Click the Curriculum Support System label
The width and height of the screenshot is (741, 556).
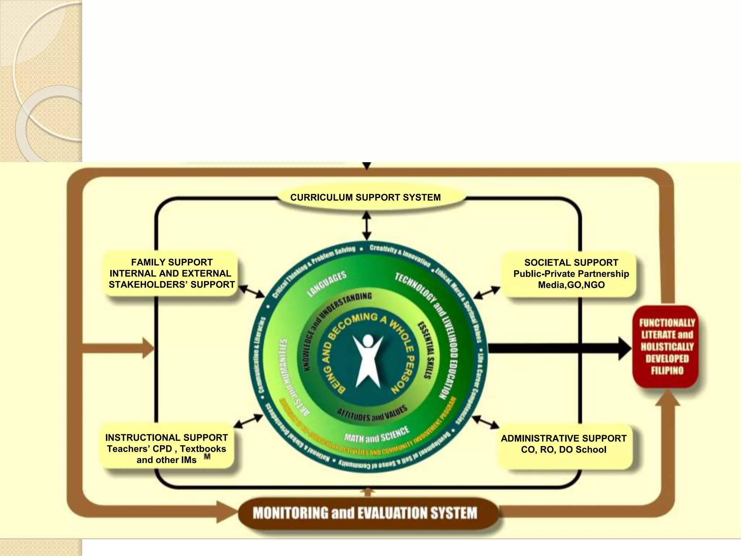(365, 198)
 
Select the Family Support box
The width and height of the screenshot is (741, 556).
(172, 274)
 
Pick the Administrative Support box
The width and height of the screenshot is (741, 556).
(563, 444)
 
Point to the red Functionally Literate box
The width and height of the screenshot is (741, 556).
(667, 346)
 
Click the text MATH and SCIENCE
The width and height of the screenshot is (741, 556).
(376, 435)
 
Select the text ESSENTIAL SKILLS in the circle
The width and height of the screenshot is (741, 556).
(425, 350)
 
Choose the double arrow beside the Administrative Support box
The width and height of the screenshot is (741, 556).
(486, 422)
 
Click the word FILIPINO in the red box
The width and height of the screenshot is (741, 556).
(667, 371)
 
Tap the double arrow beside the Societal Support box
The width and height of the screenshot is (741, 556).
(487, 292)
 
